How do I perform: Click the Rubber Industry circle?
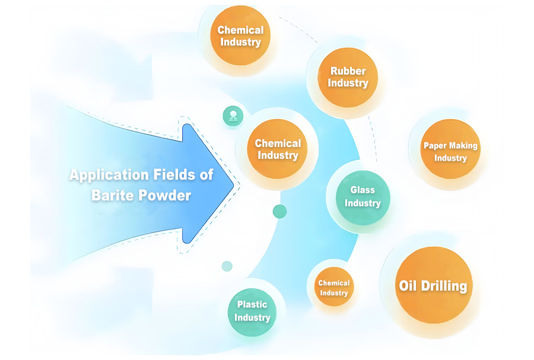coord(348,77)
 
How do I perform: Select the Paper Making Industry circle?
coord(450,151)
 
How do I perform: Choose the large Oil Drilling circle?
coord(433,286)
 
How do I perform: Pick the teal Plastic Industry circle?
coord(252,311)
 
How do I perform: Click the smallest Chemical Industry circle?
coord(334,288)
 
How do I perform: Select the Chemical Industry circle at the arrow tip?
coord(278,149)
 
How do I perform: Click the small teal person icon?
coord(232,116)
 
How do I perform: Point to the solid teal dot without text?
coord(279,211)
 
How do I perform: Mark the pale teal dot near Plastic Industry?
coord(227,266)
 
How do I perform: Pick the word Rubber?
coord(348,71)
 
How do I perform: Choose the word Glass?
coord(363,190)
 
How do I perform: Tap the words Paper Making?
coord(450,145)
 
